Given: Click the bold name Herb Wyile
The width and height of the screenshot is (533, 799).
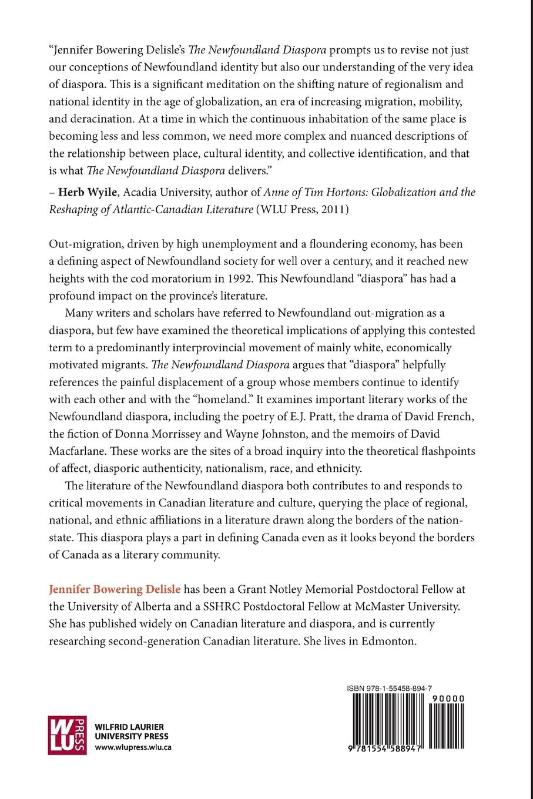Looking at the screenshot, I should click(x=79, y=192).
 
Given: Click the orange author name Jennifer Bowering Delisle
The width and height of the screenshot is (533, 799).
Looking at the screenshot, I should click(x=115, y=588).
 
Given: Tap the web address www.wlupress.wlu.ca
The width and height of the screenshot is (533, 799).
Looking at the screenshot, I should click(x=133, y=747).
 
